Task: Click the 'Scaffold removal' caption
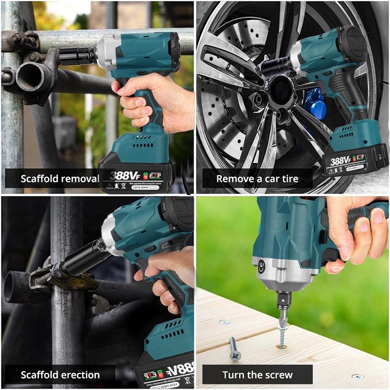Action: point(59,178)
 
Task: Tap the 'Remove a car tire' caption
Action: point(257,178)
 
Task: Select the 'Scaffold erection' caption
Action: point(60,375)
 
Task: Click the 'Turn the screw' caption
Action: point(257,375)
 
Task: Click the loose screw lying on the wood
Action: point(235,348)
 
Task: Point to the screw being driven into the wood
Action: point(282,331)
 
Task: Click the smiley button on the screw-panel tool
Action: point(262,266)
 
